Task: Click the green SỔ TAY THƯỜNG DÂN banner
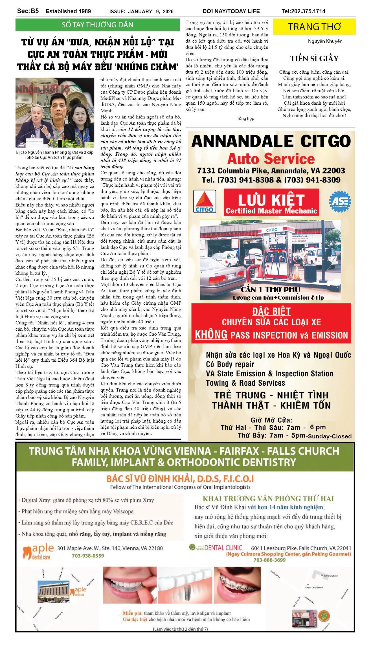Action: pos(97,25)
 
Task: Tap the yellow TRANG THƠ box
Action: pos(314,27)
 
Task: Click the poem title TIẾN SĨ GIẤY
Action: pos(314,58)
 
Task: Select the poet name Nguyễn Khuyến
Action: pos(325,41)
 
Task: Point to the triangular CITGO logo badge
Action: pos(205,201)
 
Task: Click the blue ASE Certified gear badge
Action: pos(340,201)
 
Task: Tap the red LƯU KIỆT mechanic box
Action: pos(271,203)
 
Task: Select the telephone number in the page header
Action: pos(303,11)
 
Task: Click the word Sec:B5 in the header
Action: pos(28,11)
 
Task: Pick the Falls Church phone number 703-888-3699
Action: pos(269,560)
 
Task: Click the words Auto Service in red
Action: pos(271,159)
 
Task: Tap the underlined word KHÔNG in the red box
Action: pos(211,335)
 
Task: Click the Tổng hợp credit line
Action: pos(245,118)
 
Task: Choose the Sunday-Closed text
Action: pos(330,436)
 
